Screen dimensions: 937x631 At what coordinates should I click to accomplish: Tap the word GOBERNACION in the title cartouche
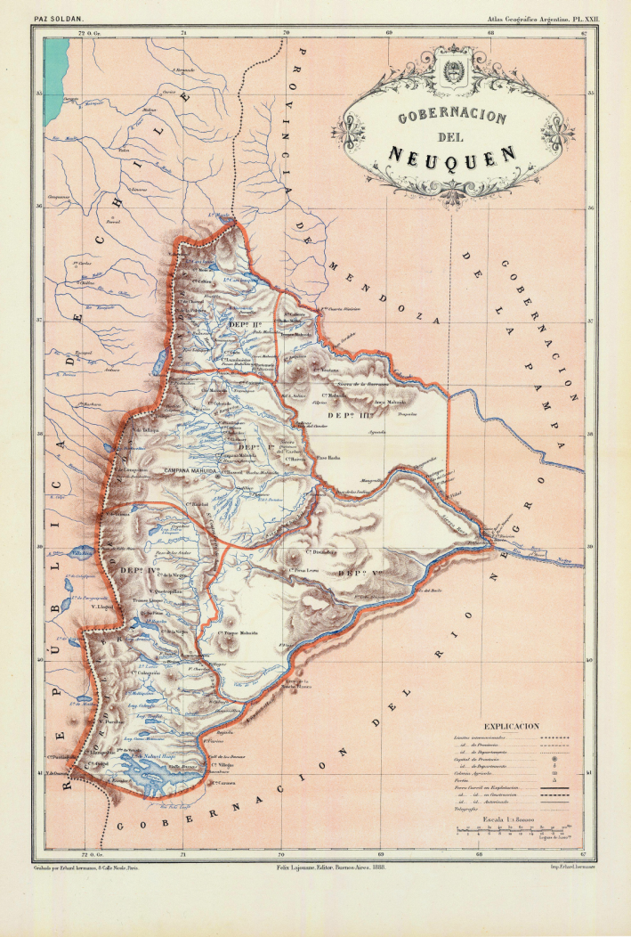tap(451, 118)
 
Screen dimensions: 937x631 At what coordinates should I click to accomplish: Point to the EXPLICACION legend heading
tap(511, 726)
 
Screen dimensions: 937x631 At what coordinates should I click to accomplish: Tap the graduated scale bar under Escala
tap(512, 829)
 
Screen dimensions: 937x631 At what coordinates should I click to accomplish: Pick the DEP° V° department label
tap(358, 573)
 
